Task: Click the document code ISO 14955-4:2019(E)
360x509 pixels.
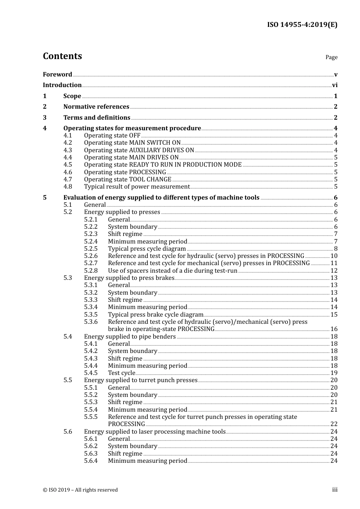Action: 302,25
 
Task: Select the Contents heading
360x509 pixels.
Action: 62,56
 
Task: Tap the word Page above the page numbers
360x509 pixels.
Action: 331,57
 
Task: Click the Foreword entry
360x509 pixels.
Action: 57,75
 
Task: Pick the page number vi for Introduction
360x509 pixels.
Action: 335,85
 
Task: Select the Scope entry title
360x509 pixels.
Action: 72,96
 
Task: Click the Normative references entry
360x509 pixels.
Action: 96,107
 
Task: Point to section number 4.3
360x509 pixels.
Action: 67,150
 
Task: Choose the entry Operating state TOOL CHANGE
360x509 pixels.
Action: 127,180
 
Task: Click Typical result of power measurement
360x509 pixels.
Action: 136,187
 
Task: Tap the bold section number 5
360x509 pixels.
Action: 45,198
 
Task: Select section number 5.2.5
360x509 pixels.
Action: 91,249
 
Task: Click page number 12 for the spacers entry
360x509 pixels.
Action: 334,271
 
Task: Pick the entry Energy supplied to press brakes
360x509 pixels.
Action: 129,278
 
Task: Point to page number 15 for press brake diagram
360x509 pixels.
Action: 334,315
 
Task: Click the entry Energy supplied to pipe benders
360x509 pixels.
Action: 130,337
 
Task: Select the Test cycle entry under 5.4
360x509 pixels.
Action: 121,373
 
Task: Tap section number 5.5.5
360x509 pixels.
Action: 91,417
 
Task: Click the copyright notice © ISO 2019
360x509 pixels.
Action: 80,490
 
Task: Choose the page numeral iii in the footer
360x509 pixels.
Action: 335,490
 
